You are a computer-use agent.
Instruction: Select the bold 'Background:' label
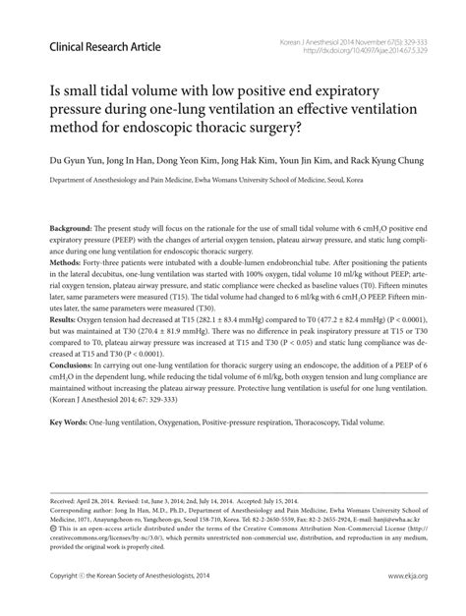click(72, 227)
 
